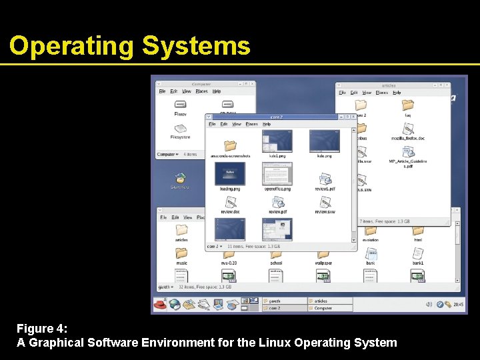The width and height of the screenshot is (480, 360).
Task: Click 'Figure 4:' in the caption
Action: coord(42,329)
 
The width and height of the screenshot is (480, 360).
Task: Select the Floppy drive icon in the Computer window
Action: coord(180,105)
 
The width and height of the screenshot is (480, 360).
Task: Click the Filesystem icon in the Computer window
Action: coord(180,128)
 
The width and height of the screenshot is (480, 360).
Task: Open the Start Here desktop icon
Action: coord(180,178)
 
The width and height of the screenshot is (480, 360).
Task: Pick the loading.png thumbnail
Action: coord(229,174)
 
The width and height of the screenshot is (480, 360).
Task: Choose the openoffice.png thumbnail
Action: coord(277,174)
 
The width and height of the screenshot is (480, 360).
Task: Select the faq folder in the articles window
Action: coord(407,105)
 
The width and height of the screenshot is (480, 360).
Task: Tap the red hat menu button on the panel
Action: coord(160,305)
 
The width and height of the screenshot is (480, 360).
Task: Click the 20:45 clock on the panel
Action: coord(459,305)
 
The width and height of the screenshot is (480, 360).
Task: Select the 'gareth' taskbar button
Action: coord(284,301)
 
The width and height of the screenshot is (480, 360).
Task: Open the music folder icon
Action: coord(181,253)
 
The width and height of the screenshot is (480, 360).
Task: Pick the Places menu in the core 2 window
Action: coord(251,124)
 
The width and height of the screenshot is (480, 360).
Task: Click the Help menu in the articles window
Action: coord(397,93)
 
